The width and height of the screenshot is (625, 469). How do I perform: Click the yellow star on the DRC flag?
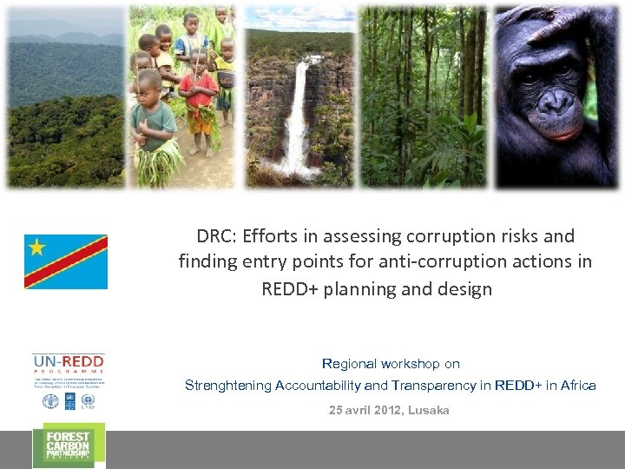[36, 248]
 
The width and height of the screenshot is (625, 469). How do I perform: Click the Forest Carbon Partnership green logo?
[69, 446]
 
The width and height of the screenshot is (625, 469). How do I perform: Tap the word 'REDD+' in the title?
[289, 289]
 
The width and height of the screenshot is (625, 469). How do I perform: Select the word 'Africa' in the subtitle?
[576, 386]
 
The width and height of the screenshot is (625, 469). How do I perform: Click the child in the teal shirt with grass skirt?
[155, 130]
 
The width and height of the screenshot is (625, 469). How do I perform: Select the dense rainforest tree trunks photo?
[423, 96]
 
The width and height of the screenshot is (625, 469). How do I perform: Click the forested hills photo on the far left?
[65, 100]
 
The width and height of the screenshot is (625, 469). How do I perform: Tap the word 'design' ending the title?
[465, 289]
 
